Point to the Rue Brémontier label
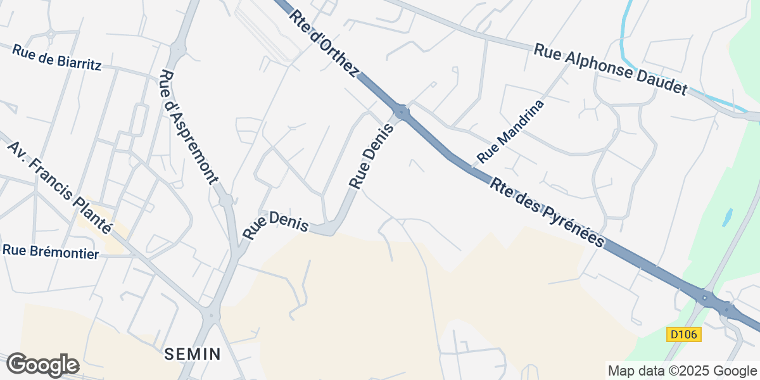pyautogui.click(x=51, y=251)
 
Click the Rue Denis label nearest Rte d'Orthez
pyautogui.click(x=372, y=156)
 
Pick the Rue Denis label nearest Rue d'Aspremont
pyautogui.click(x=275, y=225)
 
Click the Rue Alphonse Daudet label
pyautogui.click(x=610, y=69)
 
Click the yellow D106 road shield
pyautogui.click(x=684, y=334)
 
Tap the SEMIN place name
pyautogui.click(x=193, y=353)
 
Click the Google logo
pyautogui.click(x=42, y=365)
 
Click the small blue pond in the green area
pyautogui.click(x=727, y=217)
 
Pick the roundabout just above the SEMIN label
pyautogui.click(x=209, y=315)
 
